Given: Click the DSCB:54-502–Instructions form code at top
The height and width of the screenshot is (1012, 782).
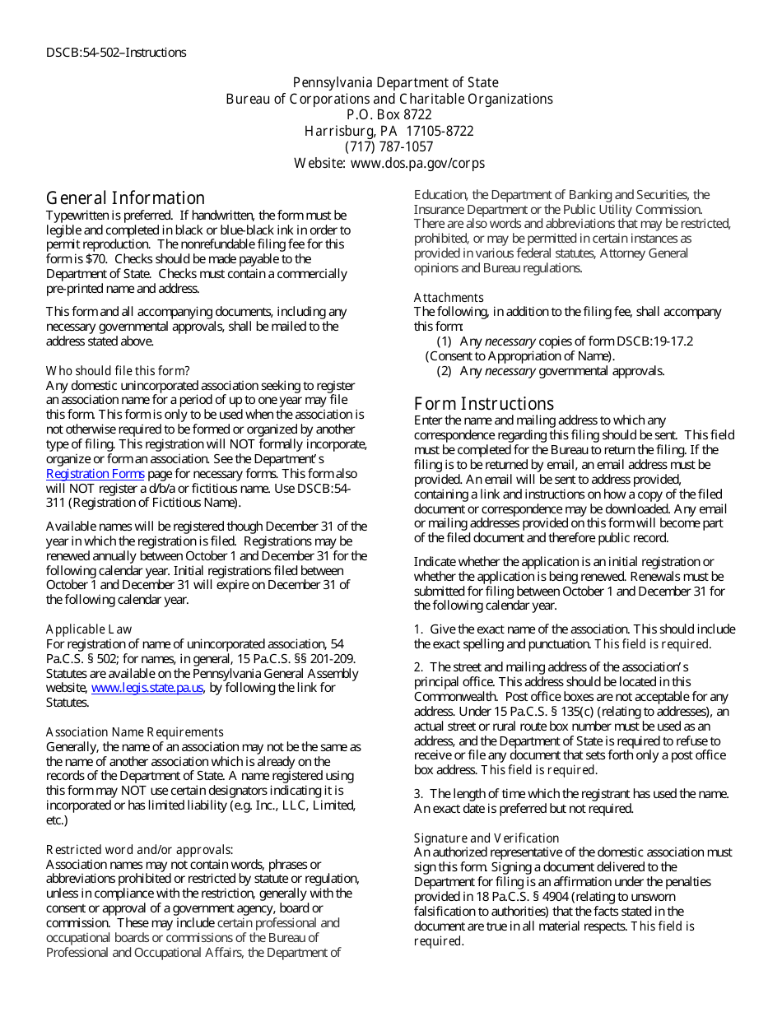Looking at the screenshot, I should [116, 53].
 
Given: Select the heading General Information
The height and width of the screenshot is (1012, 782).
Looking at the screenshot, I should [125, 198].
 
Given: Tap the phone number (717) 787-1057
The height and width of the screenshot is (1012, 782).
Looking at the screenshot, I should [389, 147].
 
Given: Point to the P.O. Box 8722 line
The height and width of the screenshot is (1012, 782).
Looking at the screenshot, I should [389, 115].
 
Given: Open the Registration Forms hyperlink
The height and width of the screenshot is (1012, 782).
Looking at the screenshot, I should [95, 474].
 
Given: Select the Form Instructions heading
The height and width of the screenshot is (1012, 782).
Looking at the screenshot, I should [484, 404].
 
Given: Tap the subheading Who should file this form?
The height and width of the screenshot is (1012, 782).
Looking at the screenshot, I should [118, 371].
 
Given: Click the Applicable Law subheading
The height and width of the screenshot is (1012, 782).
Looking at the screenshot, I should [89, 629].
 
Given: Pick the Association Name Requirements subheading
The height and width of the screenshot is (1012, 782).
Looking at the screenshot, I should [134, 732].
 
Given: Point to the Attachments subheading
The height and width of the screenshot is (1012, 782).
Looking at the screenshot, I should [449, 298].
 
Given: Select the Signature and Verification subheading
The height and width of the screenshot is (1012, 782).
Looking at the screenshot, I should [486, 838].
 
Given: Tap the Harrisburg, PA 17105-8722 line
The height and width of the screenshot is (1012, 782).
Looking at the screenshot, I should [389, 132].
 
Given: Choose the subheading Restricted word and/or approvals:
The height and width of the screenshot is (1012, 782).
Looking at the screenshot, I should [139, 850].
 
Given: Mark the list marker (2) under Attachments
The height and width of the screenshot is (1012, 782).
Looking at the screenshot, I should [445, 371].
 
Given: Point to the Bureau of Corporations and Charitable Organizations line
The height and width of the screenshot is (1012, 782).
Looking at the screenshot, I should [389, 100].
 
